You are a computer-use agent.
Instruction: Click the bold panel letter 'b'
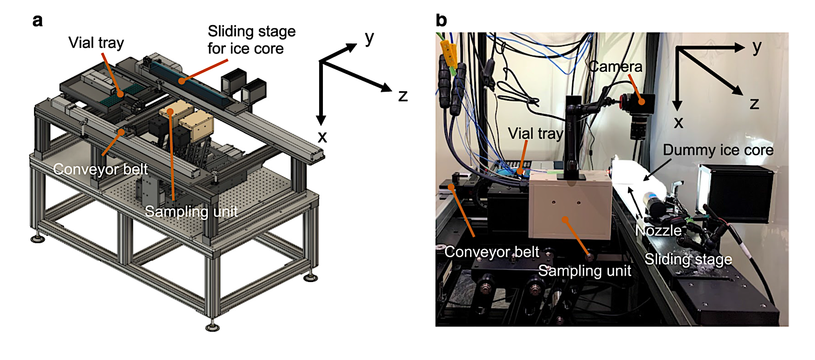pos(441,21)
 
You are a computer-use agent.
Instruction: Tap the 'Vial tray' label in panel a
pos(96,43)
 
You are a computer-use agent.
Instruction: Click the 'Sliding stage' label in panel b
pos(688,258)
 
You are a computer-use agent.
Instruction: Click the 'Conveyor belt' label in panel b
pos(492,252)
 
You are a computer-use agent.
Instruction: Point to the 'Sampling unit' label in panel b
pos(584,271)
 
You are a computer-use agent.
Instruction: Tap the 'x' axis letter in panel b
pos(678,123)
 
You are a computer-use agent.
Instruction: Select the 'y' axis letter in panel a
pos(370,38)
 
